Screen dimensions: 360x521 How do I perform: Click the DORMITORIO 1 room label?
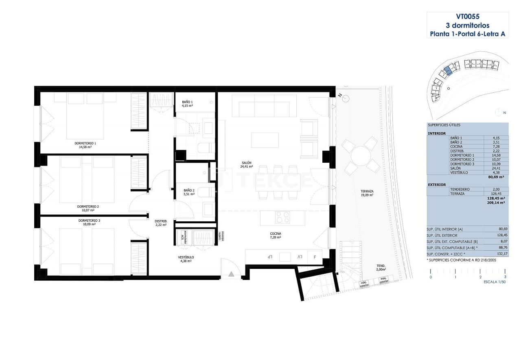pos(85,143)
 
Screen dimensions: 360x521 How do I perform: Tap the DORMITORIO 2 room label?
pos(88,207)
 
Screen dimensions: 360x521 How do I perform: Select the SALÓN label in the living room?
pos(246,164)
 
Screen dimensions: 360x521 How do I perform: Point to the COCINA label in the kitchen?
pos(275,234)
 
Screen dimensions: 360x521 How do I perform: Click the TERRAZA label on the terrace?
pos(367,191)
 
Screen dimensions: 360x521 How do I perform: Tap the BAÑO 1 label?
pos(187,102)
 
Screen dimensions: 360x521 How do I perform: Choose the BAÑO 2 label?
pos(189,190)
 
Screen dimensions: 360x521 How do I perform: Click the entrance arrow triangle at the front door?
pos(231,274)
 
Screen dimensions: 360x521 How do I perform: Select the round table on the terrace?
pos(361,155)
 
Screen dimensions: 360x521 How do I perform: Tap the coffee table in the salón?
pos(265,140)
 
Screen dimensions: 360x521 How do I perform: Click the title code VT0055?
pos(467,17)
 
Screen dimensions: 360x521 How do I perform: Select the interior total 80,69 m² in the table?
pos(496,177)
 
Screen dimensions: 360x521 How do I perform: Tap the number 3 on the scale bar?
pos(505,277)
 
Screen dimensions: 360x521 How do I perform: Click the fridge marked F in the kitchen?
pos(314,257)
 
